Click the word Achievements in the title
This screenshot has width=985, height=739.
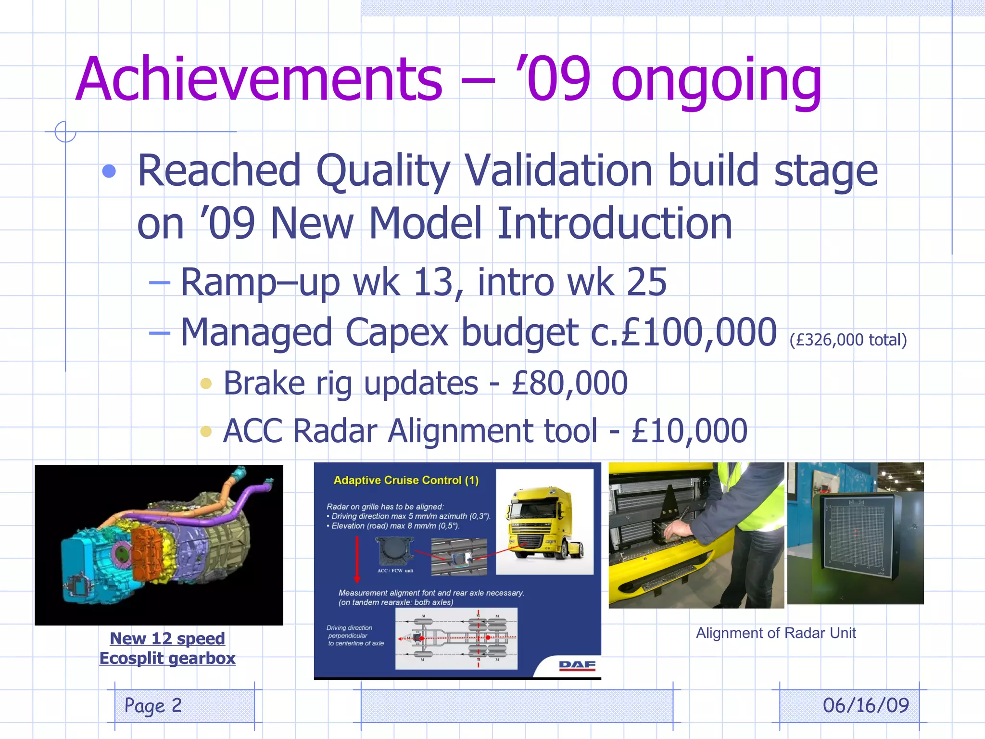click(x=258, y=79)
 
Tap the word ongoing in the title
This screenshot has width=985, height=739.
click(x=716, y=82)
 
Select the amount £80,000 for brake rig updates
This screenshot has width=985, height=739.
click(x=569, y=383)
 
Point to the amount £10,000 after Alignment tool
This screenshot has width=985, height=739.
click(x=689, y=431)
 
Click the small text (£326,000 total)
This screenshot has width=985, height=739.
click(x=848, y=340)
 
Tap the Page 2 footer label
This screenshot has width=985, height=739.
click(x=153, y=705)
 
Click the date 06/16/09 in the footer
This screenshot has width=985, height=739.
click(x=865, y=705)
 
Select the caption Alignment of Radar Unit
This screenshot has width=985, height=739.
click(x=775, y=633)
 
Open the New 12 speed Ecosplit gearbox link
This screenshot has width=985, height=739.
click(x=167, y=648)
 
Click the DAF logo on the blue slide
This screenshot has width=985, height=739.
click(x=577, y=665)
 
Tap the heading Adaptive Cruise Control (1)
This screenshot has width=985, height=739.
click(x=406, y=480)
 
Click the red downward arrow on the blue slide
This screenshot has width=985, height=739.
click(x=357, y=558)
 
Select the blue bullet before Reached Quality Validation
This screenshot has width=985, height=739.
click(x=109, y=171)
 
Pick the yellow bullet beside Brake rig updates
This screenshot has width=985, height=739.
click(x=206, y=383)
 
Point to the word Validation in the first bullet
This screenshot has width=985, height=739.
click(x=558, y=171)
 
